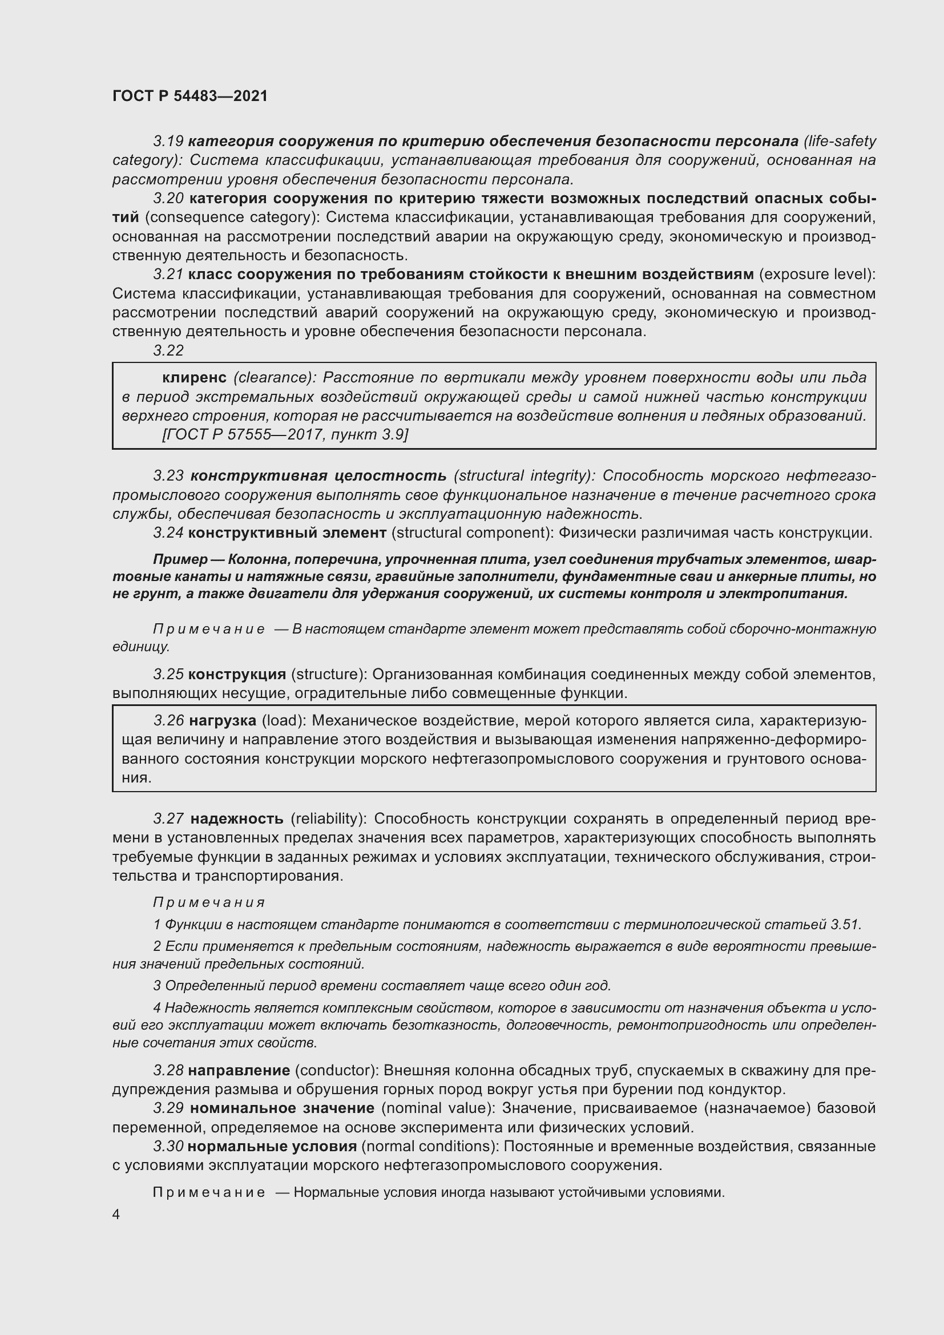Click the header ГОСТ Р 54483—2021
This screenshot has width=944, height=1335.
(190, 96)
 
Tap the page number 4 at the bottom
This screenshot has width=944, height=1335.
(116, 1214)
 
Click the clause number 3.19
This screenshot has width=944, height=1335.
(168, 142)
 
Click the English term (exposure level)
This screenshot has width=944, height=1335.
(817, 274)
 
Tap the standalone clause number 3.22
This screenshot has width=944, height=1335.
(168, 350)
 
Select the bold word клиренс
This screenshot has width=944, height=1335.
(194, 377)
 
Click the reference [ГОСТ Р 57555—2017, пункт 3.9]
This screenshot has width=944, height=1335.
(285, 434)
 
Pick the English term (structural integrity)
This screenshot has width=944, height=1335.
(524, 475)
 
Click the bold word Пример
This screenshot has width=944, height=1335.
(180, 559)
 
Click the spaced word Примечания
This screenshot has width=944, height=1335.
(209, 902)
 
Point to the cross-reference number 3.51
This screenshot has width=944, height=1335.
(846, 925)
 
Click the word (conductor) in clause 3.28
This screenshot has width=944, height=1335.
(337, 1070)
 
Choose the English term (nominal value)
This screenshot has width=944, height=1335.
(438, 1108)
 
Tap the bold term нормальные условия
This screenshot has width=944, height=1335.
(273, 1147)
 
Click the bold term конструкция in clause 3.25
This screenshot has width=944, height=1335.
(237, 674)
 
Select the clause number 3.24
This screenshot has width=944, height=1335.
(168, 533)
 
